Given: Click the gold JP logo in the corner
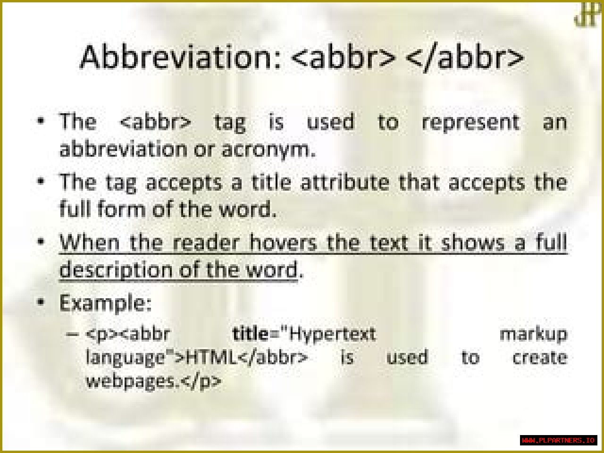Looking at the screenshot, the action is (x=587, y=15).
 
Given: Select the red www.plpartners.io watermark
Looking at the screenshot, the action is (x=558, y=440).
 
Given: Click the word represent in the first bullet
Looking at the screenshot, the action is (x=470, y=123).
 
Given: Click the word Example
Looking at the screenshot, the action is (x=105, y=303).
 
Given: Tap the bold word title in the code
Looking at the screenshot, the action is (x=250, y=334).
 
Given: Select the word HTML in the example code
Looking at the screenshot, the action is (x=211, y=358).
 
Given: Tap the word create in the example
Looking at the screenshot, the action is (x=540, y=358).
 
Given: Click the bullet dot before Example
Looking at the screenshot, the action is (x=41, y=302).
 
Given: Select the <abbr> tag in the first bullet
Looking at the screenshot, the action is (x=155, y=122).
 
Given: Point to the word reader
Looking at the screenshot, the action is (x=206, y=243).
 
